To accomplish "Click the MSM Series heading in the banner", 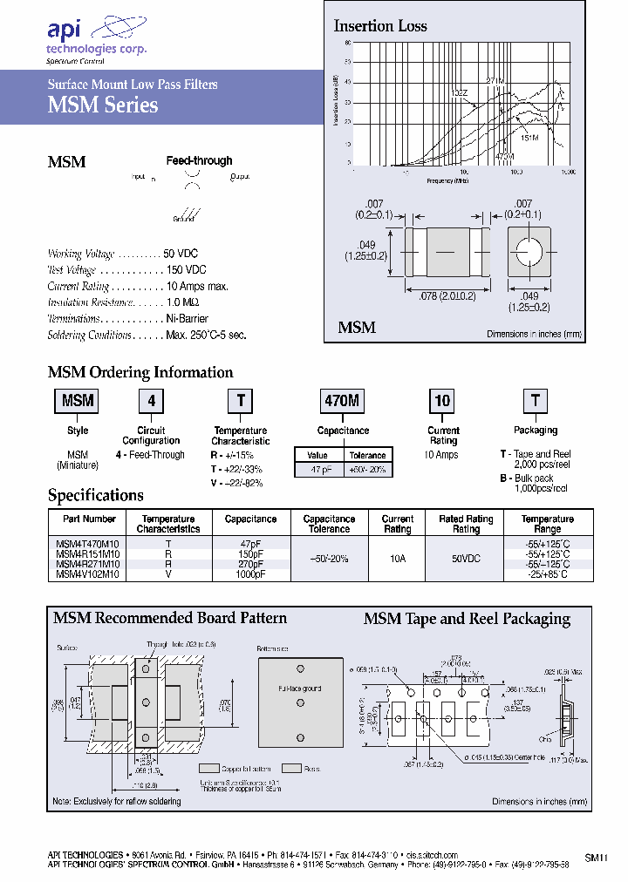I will pos(102,105).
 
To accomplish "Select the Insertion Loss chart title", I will pos(380,26).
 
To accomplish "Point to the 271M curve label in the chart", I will pos(495,81).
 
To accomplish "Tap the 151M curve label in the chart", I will pos(529,138).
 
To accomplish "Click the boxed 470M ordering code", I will pos(342,401).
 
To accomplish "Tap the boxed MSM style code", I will pos(78,401).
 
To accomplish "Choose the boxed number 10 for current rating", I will pos(442,401).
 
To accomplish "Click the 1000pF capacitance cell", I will pos(250,574).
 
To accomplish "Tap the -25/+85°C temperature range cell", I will pos(547,574).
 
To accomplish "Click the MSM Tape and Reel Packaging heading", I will pos(466,620).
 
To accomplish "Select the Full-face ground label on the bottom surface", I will pos(300,689).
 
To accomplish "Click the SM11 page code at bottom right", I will pos(595,858).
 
